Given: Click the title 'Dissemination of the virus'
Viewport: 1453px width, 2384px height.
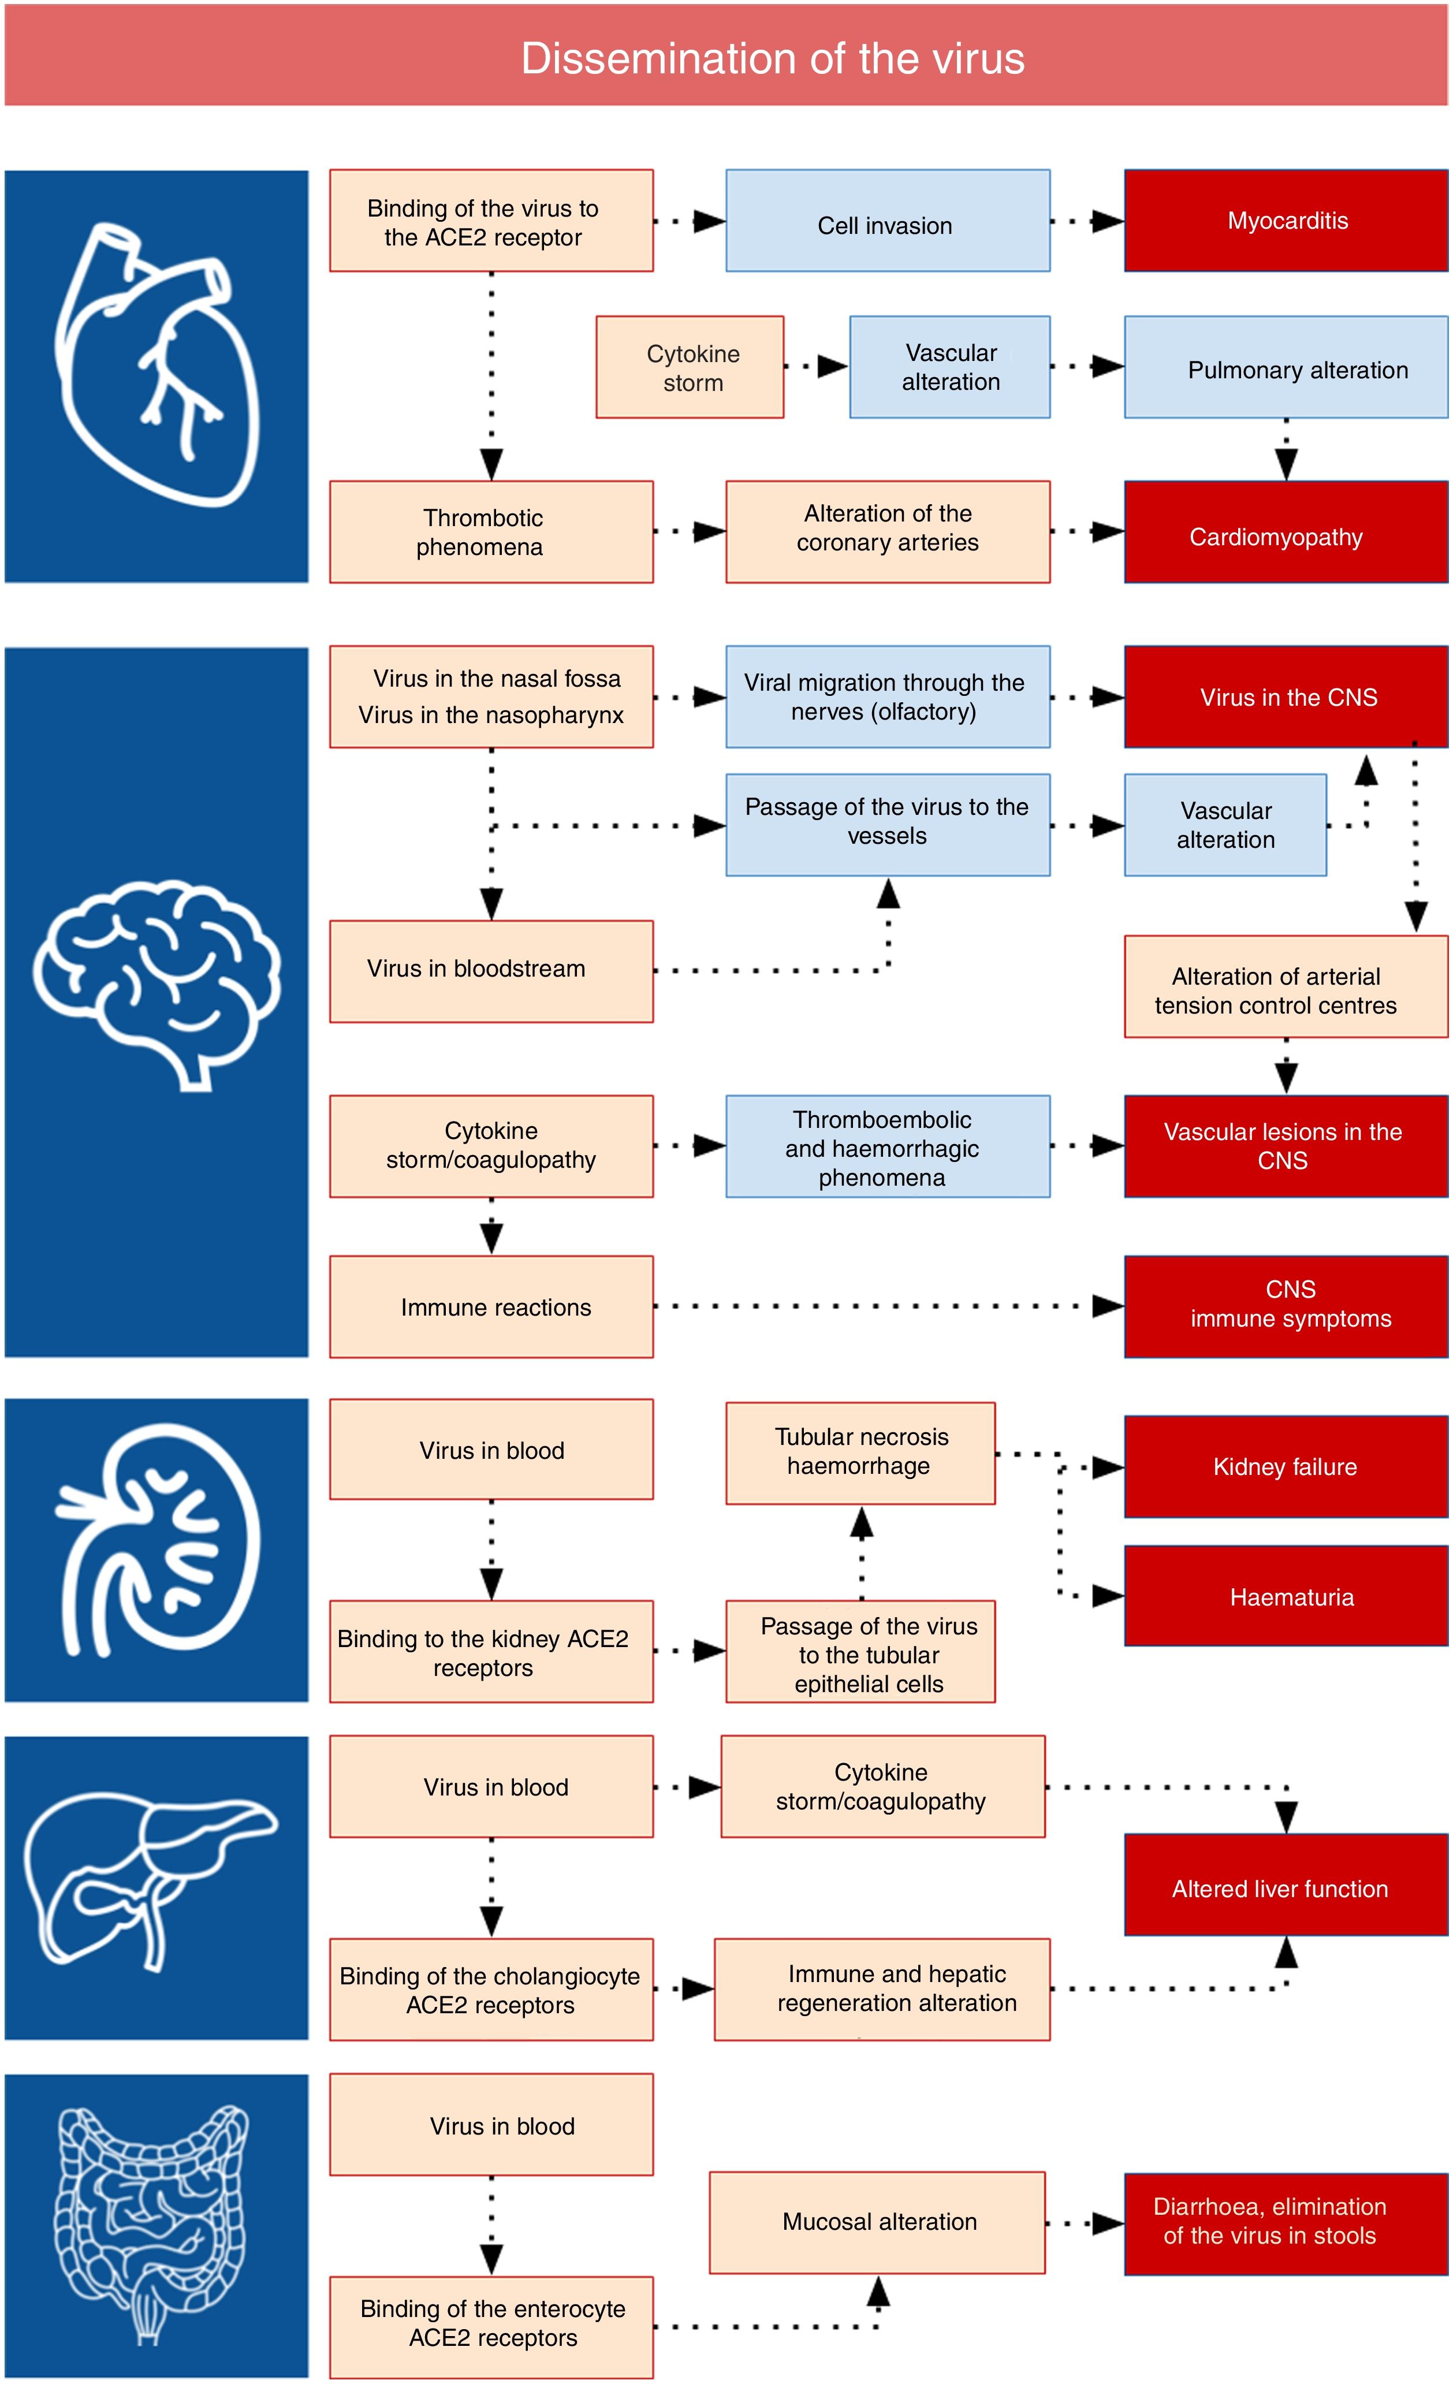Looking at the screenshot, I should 772,58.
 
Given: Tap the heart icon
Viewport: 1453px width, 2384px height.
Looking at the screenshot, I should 157,368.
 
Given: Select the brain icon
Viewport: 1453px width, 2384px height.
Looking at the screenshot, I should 157,982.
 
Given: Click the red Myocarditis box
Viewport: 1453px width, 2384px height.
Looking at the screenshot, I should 1286,221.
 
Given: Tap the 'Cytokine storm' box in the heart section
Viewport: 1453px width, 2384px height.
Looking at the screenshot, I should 690,368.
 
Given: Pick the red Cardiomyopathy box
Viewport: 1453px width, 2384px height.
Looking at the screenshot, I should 1286,532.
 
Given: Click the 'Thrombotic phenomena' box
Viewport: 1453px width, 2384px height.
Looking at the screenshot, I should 491,532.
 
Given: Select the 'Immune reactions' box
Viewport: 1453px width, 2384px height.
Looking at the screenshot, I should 491,1307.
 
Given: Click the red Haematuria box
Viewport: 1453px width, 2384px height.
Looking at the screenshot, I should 1286,1596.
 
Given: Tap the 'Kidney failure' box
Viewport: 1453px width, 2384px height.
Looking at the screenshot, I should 1286,1467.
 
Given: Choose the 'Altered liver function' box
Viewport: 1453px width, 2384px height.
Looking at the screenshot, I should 1286,1888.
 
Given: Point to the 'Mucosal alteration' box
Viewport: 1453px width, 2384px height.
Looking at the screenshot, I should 877,2222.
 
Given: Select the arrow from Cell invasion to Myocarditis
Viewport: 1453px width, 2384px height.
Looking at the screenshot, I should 1087,222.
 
